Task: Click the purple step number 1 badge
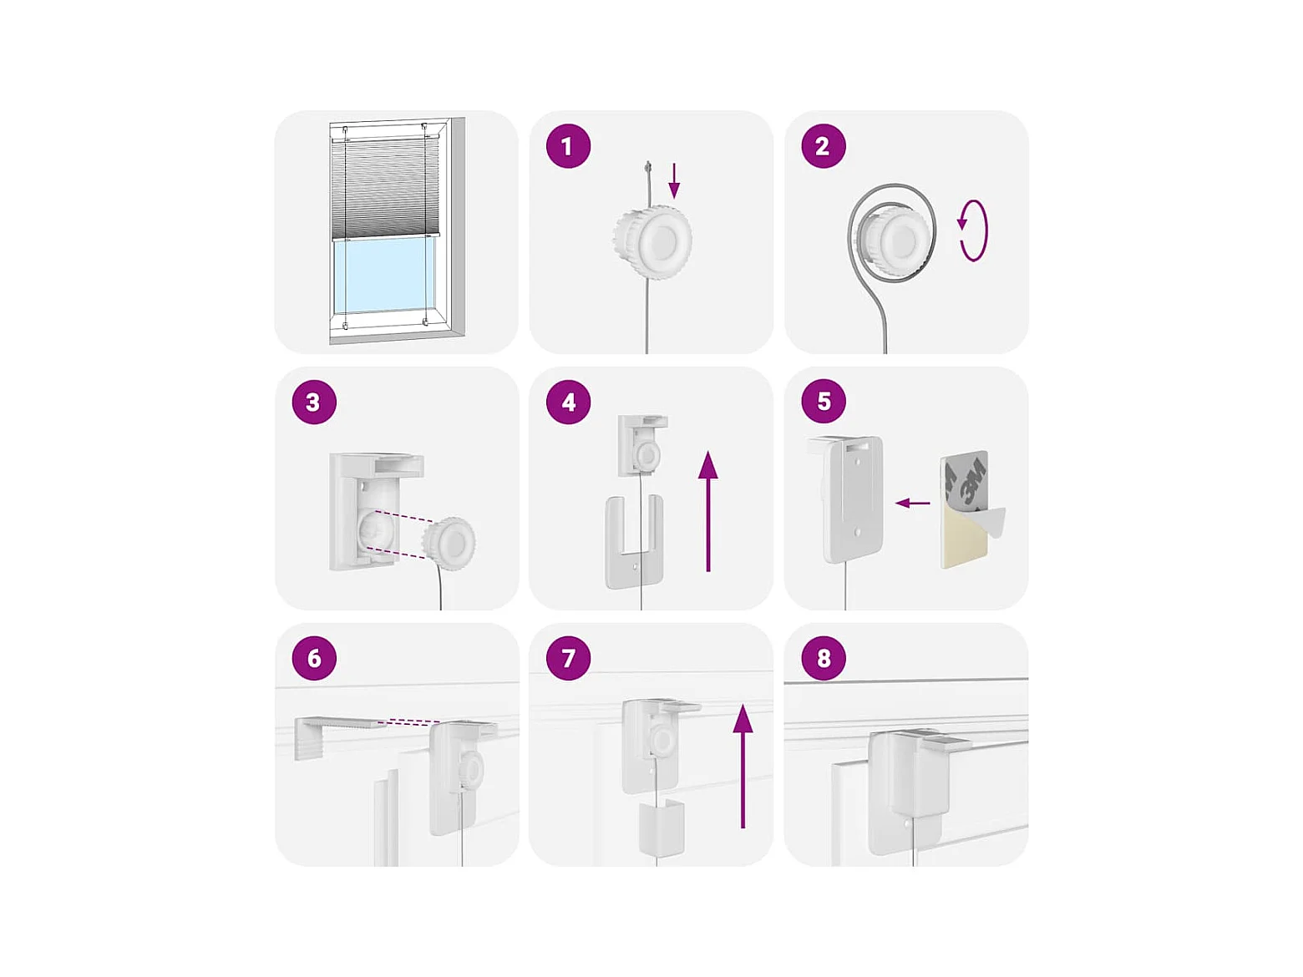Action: tap(568, 146)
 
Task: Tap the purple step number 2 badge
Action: tap(824, 146)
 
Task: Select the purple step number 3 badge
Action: tap(314, 402)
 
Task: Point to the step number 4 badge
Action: tap(568, 402)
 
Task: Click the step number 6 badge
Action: tap(314, 658)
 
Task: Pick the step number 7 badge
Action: tap(568, 658)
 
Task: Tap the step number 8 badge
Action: tap(824, 658)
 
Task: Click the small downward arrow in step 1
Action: tap(674, 180)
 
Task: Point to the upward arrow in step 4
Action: tap(707, 511)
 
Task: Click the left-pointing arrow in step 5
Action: tap(912, 504)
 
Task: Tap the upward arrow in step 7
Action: tap(743, 768)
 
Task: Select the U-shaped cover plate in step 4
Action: tap(634, 542)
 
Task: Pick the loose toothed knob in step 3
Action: tap(449, 544)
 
